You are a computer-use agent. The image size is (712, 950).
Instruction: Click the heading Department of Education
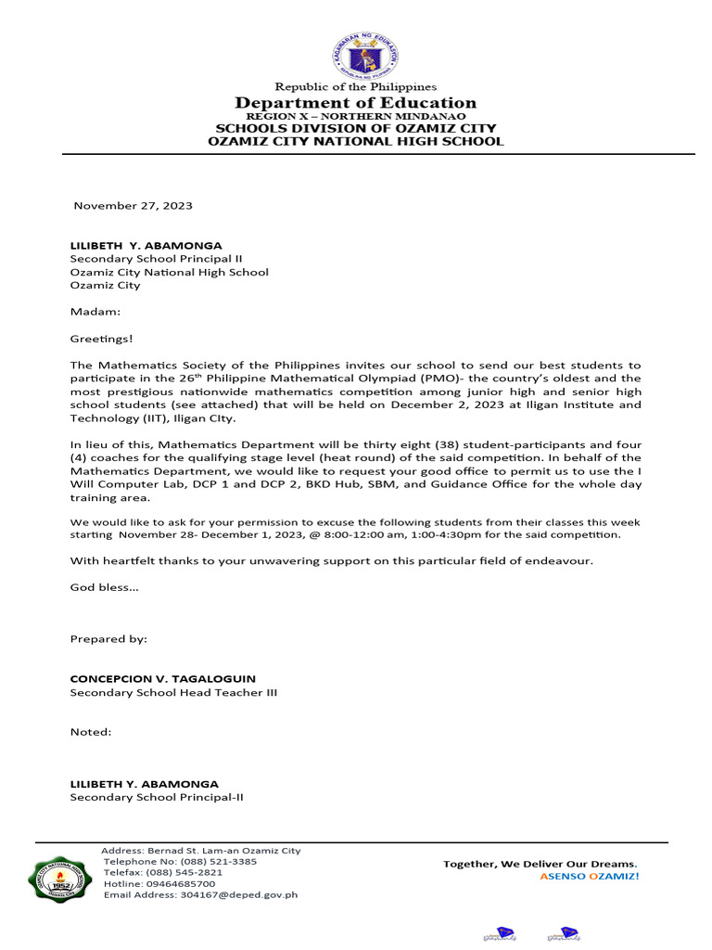coord(355,103)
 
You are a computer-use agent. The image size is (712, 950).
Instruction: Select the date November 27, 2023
coord(133,206)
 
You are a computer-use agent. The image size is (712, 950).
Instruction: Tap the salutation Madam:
coord(95,313)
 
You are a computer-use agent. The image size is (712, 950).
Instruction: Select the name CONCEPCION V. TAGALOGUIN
coord(163,679)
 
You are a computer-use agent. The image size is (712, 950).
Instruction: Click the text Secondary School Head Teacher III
coord(173,693)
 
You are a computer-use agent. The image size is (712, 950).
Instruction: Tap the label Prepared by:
coord(108,639)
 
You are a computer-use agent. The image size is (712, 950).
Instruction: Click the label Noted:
coord(91,732)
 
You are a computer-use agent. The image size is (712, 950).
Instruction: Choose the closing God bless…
coord(105,587)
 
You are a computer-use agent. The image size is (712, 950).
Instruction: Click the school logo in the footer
coord(62,878)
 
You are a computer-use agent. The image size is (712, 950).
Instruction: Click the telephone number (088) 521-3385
coord(216,862)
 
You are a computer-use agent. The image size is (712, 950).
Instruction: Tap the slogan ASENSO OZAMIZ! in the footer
coord(590,877)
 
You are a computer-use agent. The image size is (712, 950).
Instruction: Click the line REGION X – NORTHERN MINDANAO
coord(355,116)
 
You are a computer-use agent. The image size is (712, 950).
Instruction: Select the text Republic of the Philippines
coord(355,87)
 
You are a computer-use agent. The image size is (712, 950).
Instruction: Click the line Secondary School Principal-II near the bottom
coord(157,797)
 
